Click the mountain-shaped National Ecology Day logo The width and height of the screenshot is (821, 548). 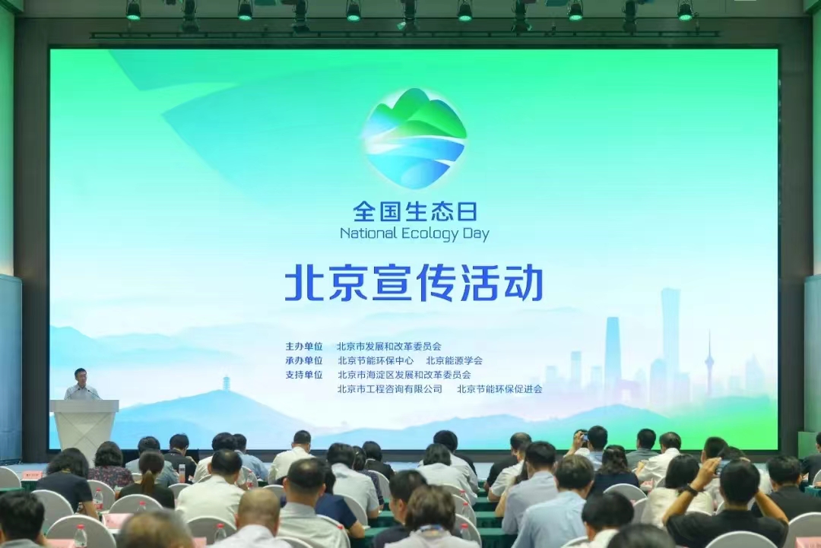[415, 138]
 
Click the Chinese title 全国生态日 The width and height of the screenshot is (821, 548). [415, 212]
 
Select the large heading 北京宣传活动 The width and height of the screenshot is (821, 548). [414, 284]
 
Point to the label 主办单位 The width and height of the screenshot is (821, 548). [303, 347]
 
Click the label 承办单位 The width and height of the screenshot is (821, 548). [303, 360]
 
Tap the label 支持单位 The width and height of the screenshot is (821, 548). [303, 375]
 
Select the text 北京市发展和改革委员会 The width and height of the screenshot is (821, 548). [389, 347]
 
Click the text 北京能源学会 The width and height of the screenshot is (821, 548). [454, 360]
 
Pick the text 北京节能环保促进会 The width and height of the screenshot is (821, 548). [499, 389]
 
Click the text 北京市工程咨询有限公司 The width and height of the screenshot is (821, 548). [389, 389]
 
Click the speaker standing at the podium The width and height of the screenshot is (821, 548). [81, 385]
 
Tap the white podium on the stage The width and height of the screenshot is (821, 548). [84, 428]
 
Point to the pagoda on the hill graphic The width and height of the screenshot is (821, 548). [227, 383]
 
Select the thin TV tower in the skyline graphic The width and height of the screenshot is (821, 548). [709, 364]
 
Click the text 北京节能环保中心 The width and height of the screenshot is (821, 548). [376, 360]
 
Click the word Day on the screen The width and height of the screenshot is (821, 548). [476, 234]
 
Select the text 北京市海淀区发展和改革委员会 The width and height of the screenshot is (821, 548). [404, 375]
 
